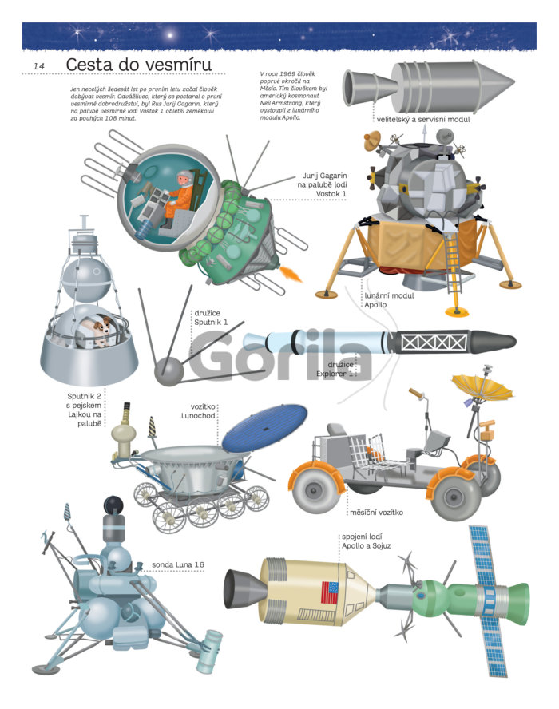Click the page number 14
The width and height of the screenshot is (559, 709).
(x=39, y=66)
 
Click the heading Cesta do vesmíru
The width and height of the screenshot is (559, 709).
(x=138, y=65)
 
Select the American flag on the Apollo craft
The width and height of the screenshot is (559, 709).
(x=330, y=592)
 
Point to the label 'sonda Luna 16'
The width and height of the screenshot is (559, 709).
(x=178, y=564)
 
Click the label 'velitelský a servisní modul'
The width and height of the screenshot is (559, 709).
(x=423, y=120)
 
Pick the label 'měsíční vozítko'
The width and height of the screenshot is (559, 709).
(x=376, y=513)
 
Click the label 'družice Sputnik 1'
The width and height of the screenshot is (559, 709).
(x=211, y=318)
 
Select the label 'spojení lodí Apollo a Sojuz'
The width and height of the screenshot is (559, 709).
(x=366, y=541)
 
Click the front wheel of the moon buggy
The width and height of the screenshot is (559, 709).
(x=454, y=497)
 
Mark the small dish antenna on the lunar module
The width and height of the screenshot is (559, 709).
(x=373, y=140)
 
